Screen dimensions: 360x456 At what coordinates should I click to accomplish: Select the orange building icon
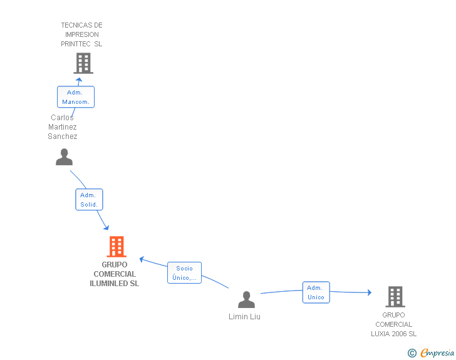click(117, 247)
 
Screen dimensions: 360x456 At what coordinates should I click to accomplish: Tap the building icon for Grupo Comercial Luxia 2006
click(395, 296)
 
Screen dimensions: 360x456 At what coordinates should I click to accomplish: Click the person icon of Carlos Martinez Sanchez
click(64, 157)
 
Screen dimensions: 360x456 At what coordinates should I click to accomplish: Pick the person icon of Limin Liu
click(247, 300)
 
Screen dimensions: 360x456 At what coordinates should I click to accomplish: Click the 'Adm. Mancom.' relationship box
click(76, 97)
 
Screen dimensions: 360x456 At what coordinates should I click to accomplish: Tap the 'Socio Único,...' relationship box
click(184, 273)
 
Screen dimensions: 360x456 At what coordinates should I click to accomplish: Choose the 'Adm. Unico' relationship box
click(316, 292)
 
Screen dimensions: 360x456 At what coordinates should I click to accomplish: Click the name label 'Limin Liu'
click(244, 317)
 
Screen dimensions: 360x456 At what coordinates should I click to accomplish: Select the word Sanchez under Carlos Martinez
click(63, 136)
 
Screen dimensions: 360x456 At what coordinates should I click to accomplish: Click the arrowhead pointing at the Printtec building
click(79, 80)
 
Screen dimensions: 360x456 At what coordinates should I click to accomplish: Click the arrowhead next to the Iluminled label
click(143, 258)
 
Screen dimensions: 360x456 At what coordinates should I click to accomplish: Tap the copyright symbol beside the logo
click(412, 352)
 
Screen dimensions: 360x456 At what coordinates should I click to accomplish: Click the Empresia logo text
click(437, 352)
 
